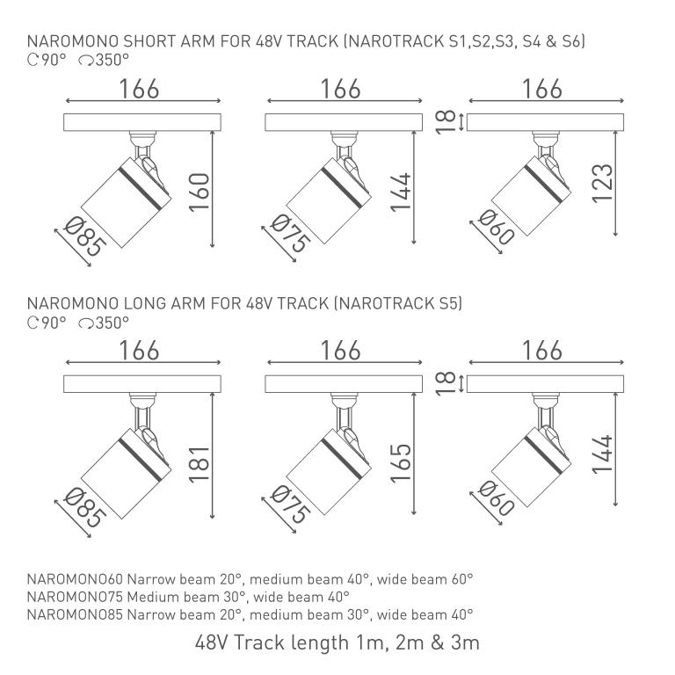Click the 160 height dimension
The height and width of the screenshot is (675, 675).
tap(199, 192)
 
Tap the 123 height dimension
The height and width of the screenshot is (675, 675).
tap(602, 184)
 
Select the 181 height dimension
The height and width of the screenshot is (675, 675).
tap(199, 464)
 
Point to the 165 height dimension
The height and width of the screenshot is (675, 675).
tap(401, 462)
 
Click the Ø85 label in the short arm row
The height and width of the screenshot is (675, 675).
tap(84, 236)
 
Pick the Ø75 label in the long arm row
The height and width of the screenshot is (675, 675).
tap(291, 504)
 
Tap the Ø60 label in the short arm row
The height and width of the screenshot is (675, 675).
tap(496, 228)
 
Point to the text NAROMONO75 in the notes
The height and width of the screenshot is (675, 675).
tap(75, 597)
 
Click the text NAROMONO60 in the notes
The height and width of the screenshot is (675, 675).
tap(75, 579)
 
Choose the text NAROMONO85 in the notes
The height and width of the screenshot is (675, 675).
tap(75, 614)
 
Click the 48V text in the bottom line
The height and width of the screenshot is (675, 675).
tap(211, 643)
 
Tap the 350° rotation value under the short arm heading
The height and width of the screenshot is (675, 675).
tap(112, 60)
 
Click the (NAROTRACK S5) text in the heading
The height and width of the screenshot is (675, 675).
tap(398, 303)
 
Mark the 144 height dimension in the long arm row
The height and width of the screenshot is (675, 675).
tap(602, 454)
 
